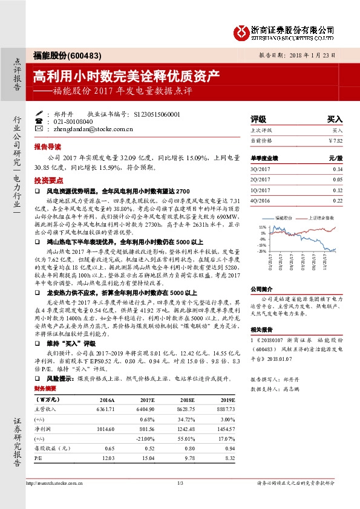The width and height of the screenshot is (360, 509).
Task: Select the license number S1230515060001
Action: pos(156,113)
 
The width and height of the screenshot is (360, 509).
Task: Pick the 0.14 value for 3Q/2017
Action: pos(338,169)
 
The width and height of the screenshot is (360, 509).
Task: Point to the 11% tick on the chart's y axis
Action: pos(262,226)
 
